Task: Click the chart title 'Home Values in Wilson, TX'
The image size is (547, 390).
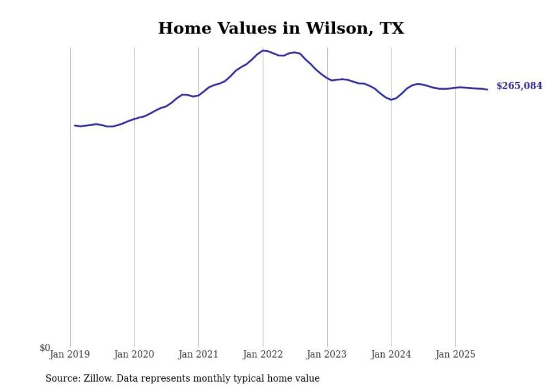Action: click(281, 28)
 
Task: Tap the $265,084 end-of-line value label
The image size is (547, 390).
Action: click(519, 86)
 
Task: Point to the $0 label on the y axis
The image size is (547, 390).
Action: click(45, 348)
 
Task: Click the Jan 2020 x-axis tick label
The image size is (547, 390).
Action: click(134, 354)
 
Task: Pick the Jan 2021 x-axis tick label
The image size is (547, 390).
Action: click(198, 354)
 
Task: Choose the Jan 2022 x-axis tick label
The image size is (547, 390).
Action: click(263, 354)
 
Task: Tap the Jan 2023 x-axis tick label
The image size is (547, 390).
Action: click(327, 354)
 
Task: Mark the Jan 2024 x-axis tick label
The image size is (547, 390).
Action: click(391, 354)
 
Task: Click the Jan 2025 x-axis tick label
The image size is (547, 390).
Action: click(455, 354)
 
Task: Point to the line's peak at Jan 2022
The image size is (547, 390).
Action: click(263, 50)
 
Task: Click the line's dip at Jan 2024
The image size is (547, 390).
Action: click(391, 100)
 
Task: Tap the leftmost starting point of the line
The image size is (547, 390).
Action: click(75, 125)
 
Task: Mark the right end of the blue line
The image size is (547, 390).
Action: click(487, 89)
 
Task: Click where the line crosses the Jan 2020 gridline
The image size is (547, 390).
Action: click(134, 119)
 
